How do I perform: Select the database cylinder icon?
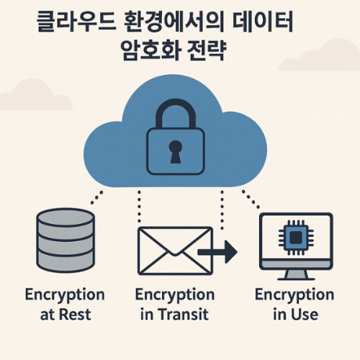point(64,242)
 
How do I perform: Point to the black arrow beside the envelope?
point(219,251)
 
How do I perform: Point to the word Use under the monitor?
point(305,315)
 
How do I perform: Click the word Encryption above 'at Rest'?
point(64,295)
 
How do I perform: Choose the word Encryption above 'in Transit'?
point(174,295)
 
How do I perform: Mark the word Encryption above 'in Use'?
point(294,295)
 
